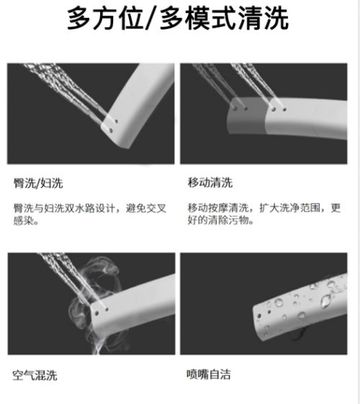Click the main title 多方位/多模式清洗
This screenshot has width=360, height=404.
click(x=178, y=18)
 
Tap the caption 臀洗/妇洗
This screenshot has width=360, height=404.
click(x=38, y=183)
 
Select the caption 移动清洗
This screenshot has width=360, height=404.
click(x=210, y=182)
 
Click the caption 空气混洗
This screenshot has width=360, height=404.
click(x=35, y=375)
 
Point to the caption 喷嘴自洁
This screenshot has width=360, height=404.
click(x=209, y=374)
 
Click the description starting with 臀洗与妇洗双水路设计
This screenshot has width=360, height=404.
click(x=90, y=214)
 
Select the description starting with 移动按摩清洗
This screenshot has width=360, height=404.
click(x=264, y=214)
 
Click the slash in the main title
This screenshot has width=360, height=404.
click(x=152, y=19)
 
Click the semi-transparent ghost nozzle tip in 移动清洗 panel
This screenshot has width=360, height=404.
click(x=246, y=116)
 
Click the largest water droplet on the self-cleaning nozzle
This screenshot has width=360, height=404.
click(x=326, y=301)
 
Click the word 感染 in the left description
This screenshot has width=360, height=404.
click(x=24, y=220)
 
